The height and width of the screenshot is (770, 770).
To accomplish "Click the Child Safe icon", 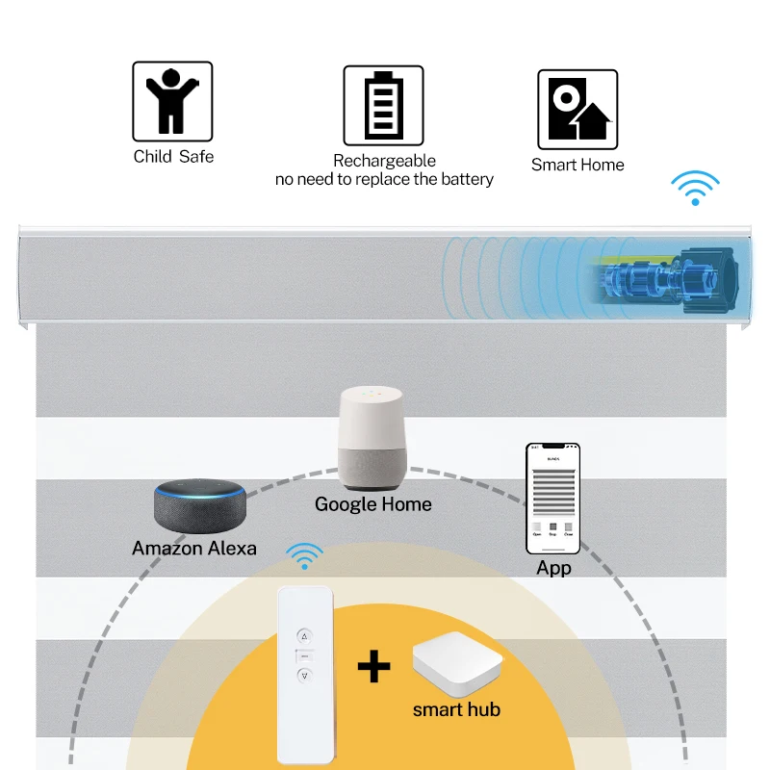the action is tap(172, 101).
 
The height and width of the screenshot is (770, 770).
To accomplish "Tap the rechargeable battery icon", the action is tap(383, 105).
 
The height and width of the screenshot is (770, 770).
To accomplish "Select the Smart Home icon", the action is tap(577, 109).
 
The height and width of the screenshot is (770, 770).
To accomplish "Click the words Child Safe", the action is tap(173, 156).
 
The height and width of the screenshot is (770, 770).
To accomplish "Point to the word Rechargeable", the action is tap(384, 161).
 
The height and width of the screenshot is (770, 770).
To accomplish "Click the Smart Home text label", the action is tap(577, 165).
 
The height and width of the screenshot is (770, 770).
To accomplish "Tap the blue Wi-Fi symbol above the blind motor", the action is tap(695, 188).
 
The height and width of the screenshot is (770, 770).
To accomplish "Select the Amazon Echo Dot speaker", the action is tap(201, 504).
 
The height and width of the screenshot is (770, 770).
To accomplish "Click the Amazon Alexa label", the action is tap(194, 549).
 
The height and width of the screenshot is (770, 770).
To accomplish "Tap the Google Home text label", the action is tap(373, 504).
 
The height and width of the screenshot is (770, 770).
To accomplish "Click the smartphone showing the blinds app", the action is tap(553, 498).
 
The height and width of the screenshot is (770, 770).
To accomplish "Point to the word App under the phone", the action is tap(553, 569).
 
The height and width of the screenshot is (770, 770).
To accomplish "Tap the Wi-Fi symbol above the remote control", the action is tap(306, 556).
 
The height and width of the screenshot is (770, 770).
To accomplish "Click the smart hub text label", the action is tap(456, 710).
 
